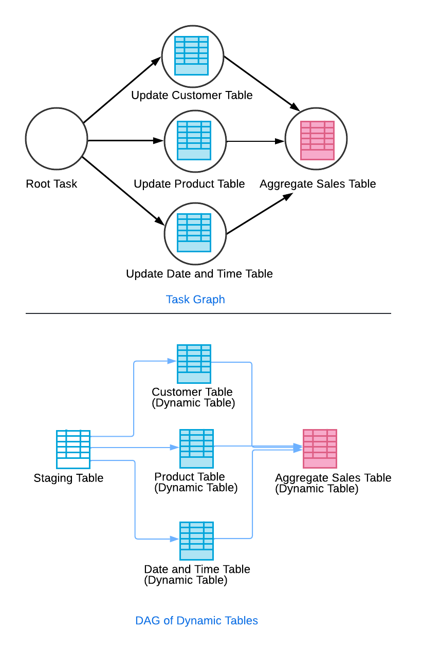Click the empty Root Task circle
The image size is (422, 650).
point(56,139)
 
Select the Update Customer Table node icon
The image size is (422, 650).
point(192,55)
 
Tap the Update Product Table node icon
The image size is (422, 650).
point(194,140)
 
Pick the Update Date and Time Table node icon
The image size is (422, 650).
point(194,233)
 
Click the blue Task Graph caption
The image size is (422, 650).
point(195,299)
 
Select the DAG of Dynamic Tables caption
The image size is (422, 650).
point(196,620)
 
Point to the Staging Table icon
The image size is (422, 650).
point(73,449)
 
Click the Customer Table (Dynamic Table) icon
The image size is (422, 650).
point(194,364)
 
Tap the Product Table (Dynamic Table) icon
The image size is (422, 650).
point(196,449)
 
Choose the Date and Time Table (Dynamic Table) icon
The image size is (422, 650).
point(196,541)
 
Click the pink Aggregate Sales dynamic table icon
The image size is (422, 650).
point(320,449)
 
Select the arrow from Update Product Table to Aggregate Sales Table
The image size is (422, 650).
point(255,141)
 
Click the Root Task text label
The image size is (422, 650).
point(51,184)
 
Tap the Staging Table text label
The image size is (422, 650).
point(68,478)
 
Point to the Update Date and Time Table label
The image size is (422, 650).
point(199,273)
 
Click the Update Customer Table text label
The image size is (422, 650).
point(192,95)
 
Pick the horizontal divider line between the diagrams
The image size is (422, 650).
point(208,313)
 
